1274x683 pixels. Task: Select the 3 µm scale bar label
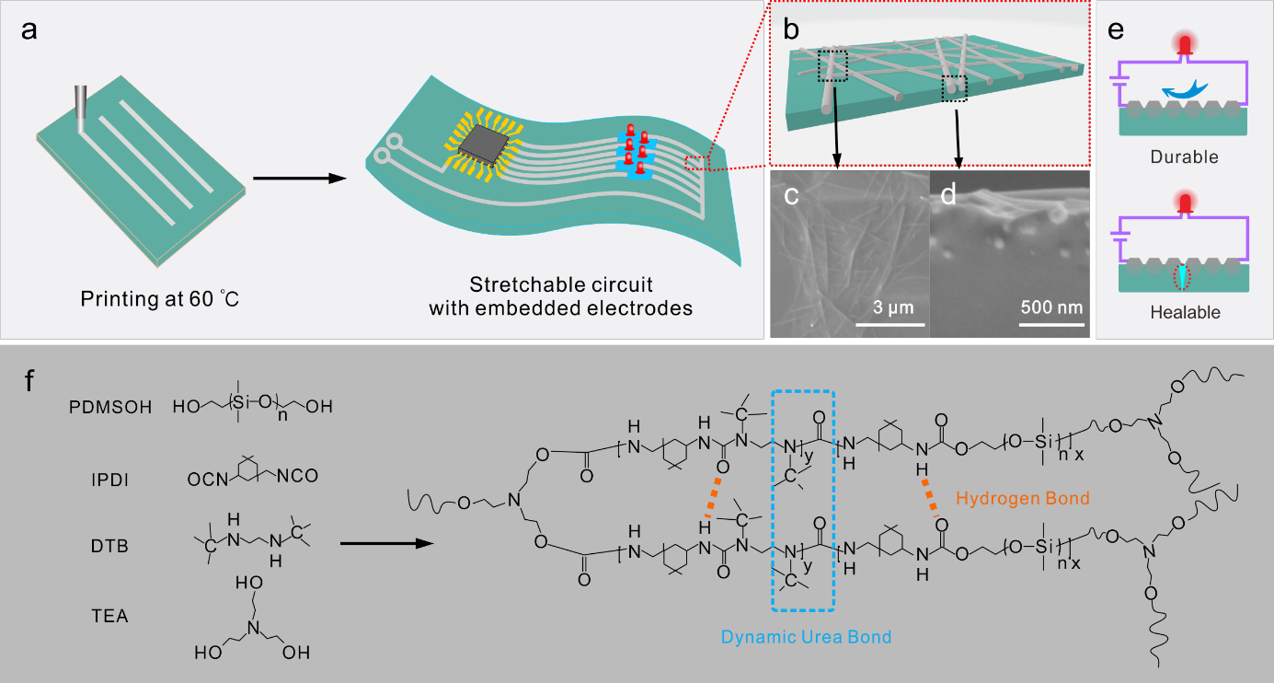click(x=890, y=306)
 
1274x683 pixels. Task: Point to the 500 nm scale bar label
click(x=1050, y=306)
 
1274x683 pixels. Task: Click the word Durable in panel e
click(x=1184, y=157)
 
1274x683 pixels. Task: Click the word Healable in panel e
click(x=1185, y=312)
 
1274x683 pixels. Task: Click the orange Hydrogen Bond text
click(x=1023, y=499)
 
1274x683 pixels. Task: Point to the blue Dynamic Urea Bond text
click(x=806, y=636)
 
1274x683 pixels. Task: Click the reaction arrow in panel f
click(x=386, y=544)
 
